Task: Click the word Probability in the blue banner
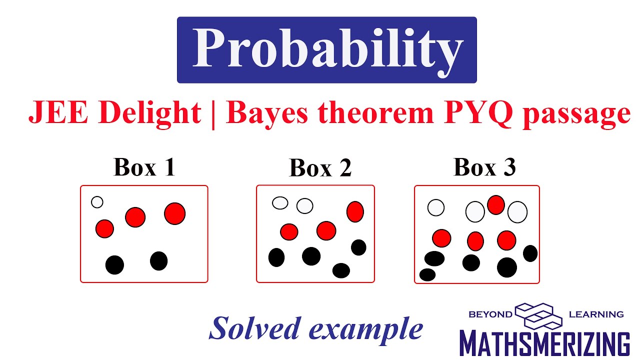pos(327,50)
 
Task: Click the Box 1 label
pos(144,167)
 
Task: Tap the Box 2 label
pos(320,168)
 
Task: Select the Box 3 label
pos(484,167)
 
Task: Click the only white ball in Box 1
pos(97,202)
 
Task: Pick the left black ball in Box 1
pos(114,264)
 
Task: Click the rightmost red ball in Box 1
pos(174,213)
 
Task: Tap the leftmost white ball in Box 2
pos(280,203)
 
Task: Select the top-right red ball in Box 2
pos(355,211)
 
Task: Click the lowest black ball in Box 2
pos(341,270)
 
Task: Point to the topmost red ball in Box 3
pos(495,205)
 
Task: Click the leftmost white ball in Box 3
pos(436,207)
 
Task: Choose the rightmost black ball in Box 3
pos(530,253)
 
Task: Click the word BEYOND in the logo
pos(490,314)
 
